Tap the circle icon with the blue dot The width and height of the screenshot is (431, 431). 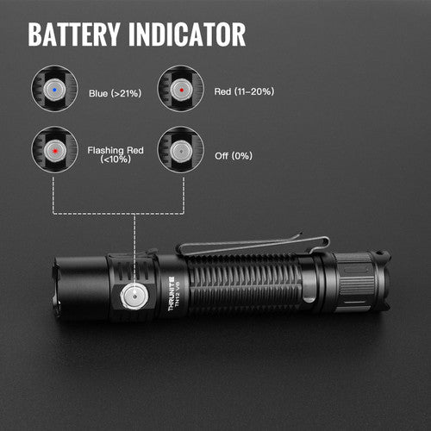(54, 88)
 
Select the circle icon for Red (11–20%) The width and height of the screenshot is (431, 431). (180, 88)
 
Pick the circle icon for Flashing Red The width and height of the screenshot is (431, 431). (54, 149)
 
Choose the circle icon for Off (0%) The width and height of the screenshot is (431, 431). (180, 149)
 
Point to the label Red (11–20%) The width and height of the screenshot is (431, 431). (244, 91)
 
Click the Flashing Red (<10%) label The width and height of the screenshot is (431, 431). (114, 154)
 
